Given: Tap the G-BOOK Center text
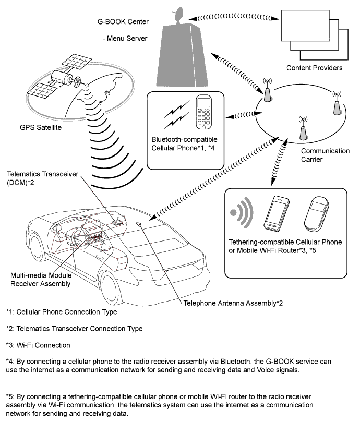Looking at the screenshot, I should pos(124,22).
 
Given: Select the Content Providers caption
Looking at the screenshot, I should pos(315,68).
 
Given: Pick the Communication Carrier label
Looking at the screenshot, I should pos(325,155).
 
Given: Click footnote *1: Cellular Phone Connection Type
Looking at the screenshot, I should pos(62,312).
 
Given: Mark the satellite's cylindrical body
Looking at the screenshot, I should pos(66,80).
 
